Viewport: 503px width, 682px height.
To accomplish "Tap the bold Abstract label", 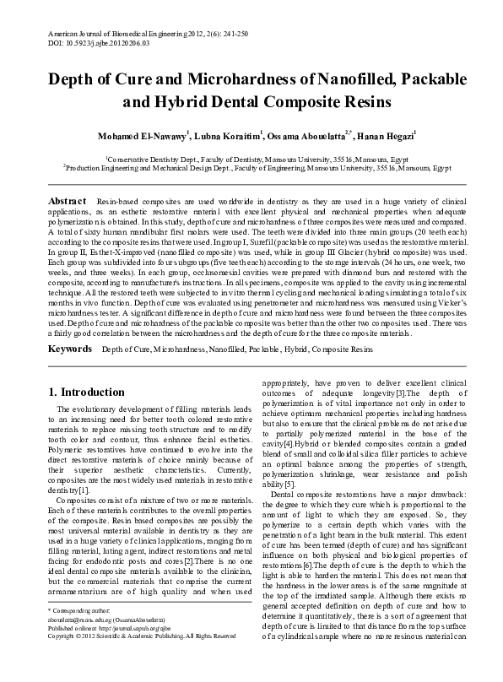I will (67, 201).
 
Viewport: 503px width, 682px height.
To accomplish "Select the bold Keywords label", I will (70, 348).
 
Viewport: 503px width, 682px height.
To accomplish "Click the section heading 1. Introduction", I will (87, 392).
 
